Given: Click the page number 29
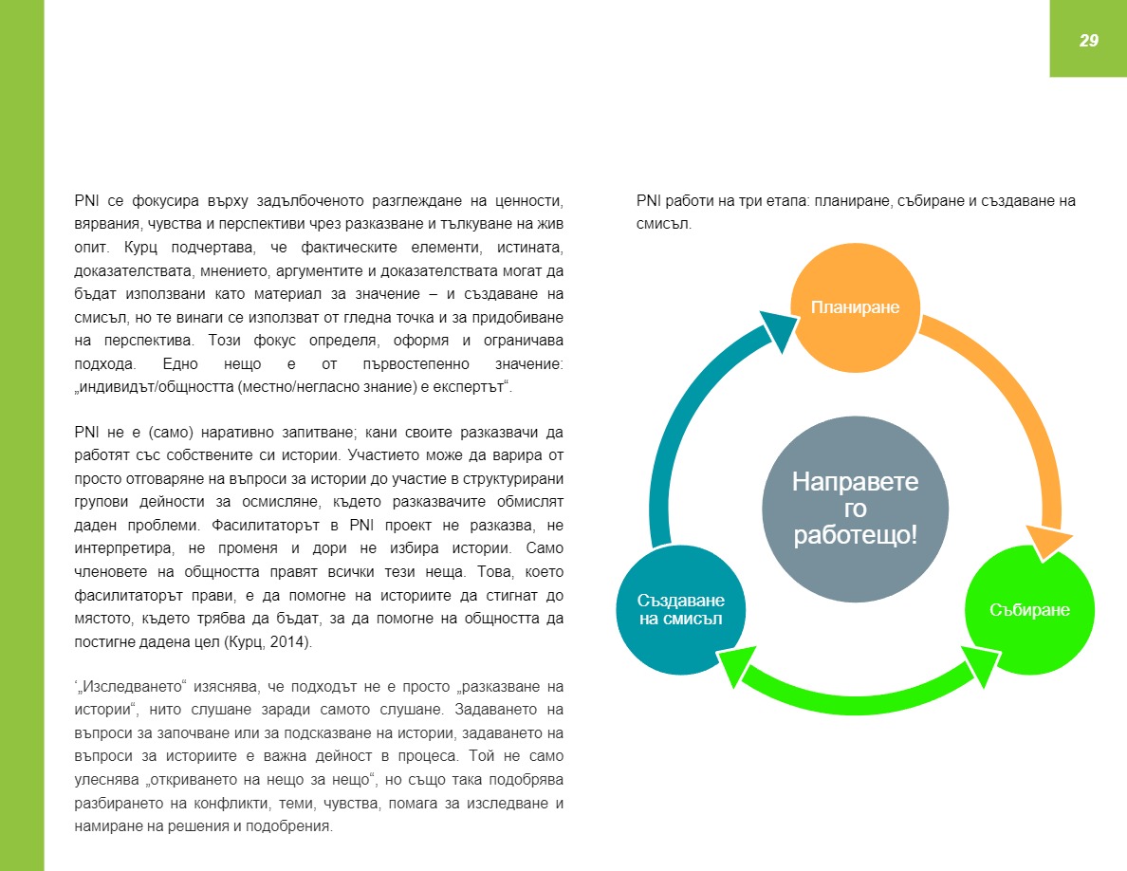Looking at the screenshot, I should pyautogui.click(x=1088, y=40).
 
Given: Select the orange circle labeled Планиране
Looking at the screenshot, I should pyautogui.click(x=854, y=307).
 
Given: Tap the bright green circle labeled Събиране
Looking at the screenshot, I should pyautogui.click(x=1028, y=610).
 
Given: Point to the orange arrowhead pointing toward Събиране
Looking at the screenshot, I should pyautogui.click(x=1047, y=541).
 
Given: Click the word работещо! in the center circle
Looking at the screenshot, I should pyautogui.click(x=855, y=534).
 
